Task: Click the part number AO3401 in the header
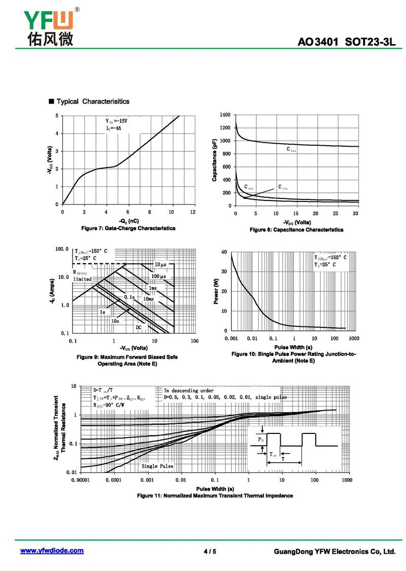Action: (x=318, y=42)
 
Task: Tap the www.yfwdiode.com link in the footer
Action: (x=52, y=551)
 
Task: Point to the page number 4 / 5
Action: (x=210, y=551)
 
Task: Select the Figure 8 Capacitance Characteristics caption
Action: (x=296, y=230)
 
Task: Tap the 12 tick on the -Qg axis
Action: (x=193, y=212)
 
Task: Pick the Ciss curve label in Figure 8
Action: (x=291, y=149)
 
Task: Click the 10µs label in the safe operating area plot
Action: (x=160, y=264)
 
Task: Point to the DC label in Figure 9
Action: (x=139, y=327)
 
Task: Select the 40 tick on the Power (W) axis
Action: (x=224, y=252)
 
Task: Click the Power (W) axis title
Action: (x=216, y=293)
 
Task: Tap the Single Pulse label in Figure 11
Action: (x=157, y=466)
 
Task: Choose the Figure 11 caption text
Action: (x=215, y=495)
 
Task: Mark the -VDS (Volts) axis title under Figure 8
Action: (x=296, y=222)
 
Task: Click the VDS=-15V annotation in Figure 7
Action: (x=117, y=121)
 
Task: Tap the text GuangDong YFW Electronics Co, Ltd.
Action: (x=334, y=551)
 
